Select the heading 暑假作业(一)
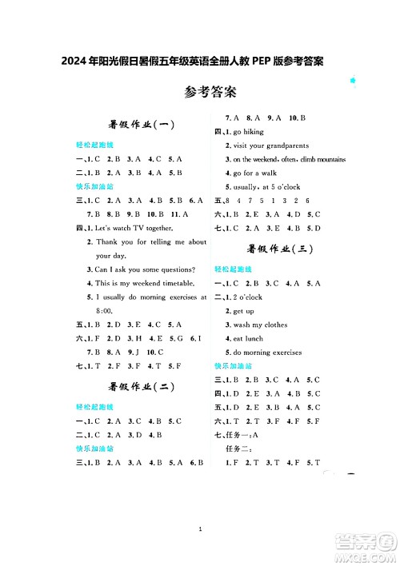point(142,125)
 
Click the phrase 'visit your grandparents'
point(267,145)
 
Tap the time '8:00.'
point(105,310)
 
